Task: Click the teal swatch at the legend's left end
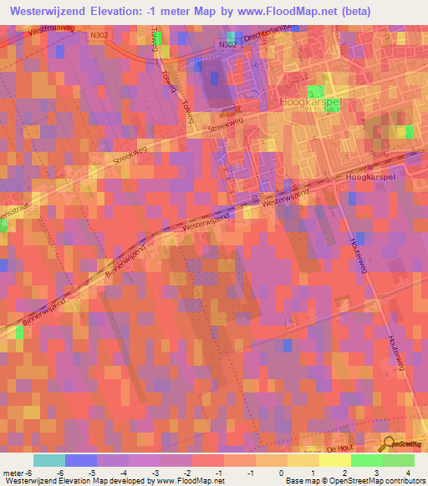click(48, 460)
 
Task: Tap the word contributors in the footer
click(400, 481)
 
